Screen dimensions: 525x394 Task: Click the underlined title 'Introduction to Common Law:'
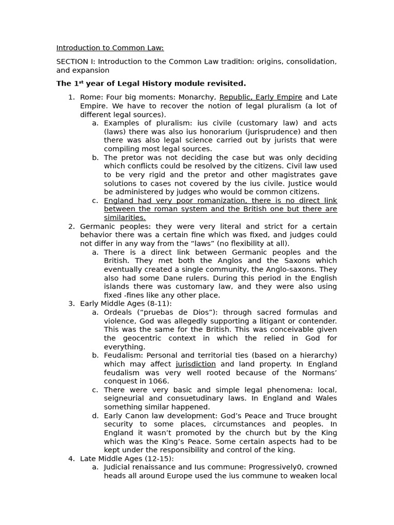[x=110, y=48]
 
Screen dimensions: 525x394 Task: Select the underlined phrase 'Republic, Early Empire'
[x=261, y=97]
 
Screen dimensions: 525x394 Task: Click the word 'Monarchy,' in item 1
[x=197, y=97]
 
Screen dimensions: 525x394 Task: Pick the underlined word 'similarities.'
[x=125, y=218]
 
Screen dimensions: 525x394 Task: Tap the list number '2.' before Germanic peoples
[x=72, y=226]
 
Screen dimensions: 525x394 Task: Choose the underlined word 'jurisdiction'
[x=195, y=364]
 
